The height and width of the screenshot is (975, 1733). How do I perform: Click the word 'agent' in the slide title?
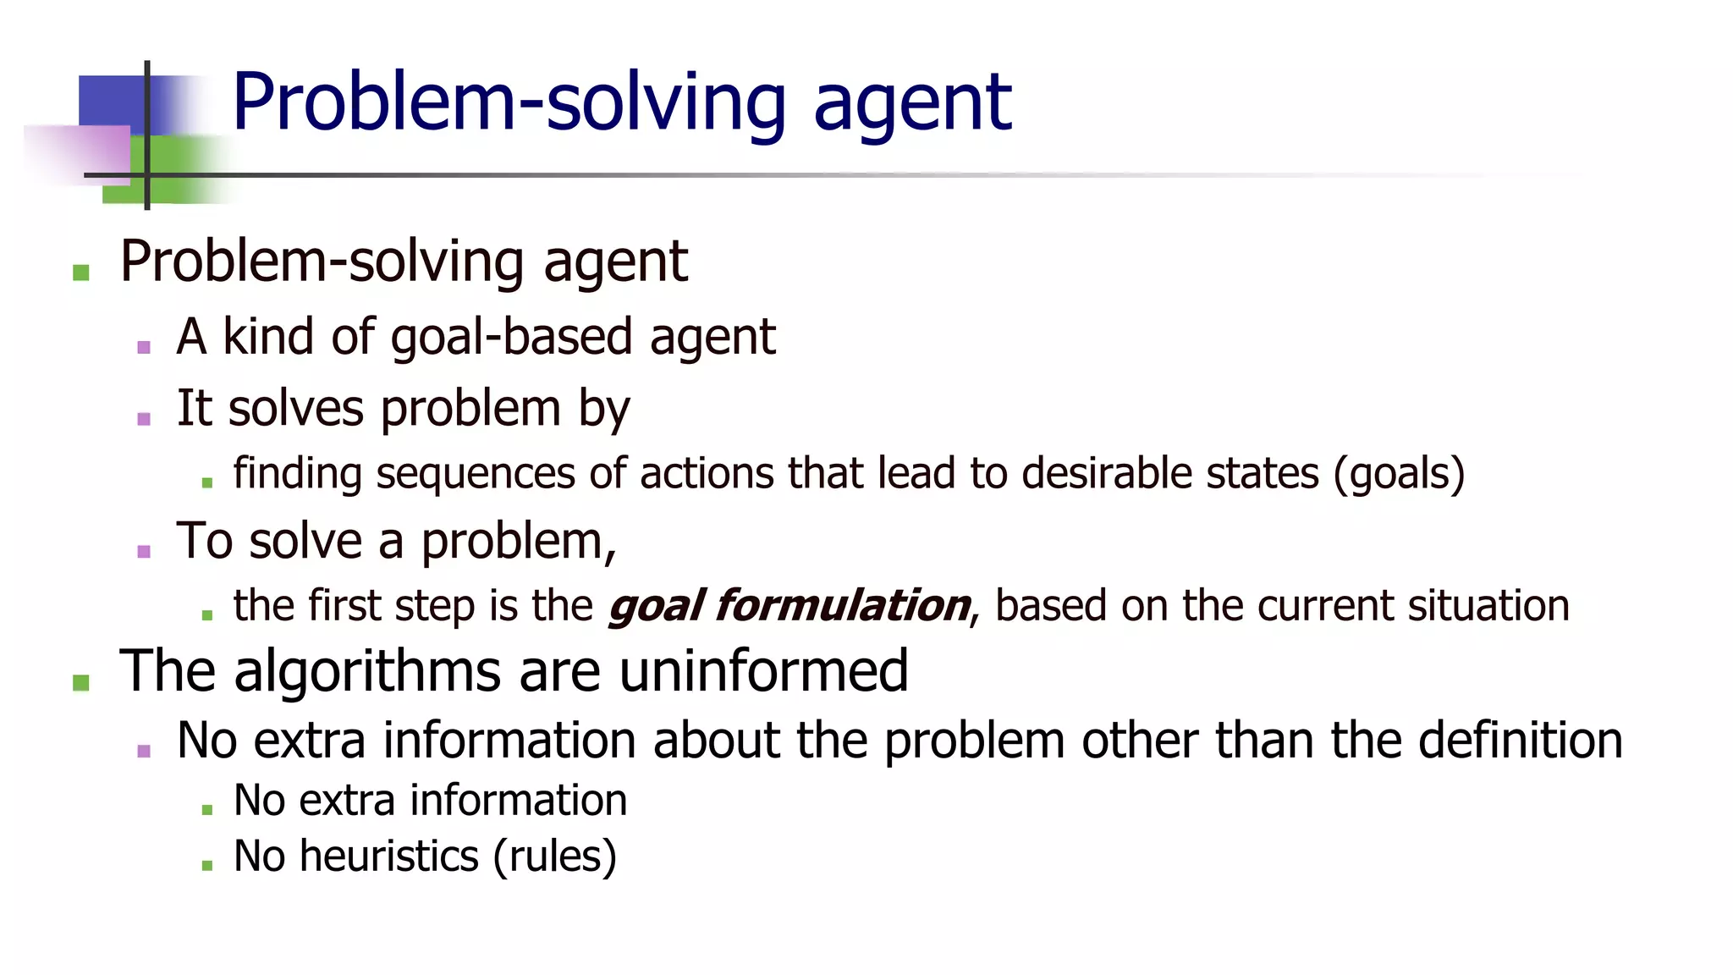911,103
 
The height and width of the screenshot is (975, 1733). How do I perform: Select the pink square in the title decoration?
80,154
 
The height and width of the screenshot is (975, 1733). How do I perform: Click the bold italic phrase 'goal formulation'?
789,606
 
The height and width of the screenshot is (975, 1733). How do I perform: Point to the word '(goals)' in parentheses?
1399,474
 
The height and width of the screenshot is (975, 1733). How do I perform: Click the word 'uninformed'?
763,671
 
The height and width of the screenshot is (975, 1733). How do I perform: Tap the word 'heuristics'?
389,857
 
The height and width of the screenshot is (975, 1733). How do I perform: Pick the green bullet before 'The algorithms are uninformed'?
81,682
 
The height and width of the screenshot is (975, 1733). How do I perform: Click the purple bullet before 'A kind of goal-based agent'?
144,347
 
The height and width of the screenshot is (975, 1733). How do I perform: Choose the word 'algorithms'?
367,671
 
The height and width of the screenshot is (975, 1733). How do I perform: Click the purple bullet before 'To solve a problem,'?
144,552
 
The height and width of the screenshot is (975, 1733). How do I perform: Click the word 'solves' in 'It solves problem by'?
295,409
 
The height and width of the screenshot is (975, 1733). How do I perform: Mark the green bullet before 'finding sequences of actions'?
207,483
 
